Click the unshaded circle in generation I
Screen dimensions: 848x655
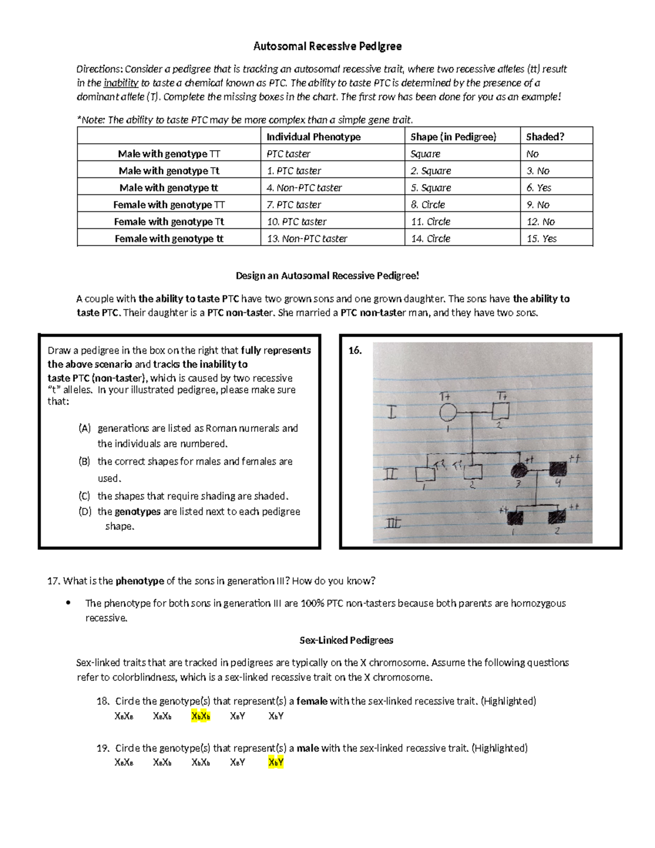click(448, 413)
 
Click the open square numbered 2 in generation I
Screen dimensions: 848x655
click(501, 411)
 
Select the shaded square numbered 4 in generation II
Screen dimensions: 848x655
click(558, 469)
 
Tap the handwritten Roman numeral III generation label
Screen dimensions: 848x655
click(392, 524)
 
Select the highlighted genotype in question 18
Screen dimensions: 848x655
click(200, 716)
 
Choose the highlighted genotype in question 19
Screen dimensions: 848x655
click(276, 762)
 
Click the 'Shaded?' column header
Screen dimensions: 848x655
click(545, 137)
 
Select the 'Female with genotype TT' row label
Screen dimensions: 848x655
click(169, 204)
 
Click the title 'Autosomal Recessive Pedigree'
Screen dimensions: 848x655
click(327, 46)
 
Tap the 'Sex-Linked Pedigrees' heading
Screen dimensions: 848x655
click(347, 640)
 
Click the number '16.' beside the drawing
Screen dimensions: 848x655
click(355, 351)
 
